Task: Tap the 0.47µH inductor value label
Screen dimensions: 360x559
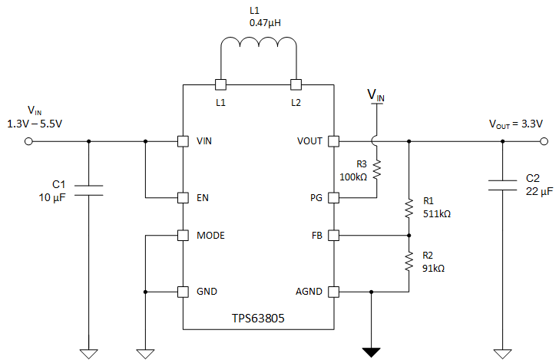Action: [265, 24]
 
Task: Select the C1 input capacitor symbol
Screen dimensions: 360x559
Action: [89, 190]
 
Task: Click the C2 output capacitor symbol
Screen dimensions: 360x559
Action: [502, 184]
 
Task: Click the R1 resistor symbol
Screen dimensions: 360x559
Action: [408, 208]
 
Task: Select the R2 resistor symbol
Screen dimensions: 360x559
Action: [408, 263]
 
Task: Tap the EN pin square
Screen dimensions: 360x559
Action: [183, 197]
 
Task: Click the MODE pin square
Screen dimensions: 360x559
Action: [183, 235]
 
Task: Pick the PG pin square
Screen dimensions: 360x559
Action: [334, 197]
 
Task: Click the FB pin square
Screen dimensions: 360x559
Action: [334, 235]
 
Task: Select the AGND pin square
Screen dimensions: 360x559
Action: [334, 292]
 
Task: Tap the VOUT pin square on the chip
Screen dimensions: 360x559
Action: [334, 141]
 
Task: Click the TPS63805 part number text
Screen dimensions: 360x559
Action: [258, 318]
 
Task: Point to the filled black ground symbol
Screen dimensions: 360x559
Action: [372, 352]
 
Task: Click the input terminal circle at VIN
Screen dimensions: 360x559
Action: [29, 141]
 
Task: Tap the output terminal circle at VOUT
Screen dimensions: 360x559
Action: [544, 141]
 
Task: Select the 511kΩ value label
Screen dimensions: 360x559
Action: [436, 214]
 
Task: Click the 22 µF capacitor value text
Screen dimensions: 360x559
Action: [539, 190]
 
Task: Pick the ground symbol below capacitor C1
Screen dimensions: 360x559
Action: [89, 352]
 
